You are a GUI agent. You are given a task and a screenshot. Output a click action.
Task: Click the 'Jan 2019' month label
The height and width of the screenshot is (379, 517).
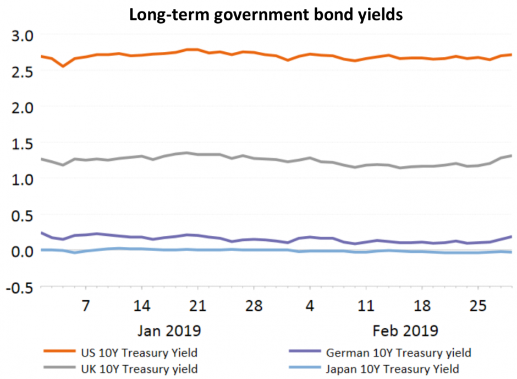click(169, 331)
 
